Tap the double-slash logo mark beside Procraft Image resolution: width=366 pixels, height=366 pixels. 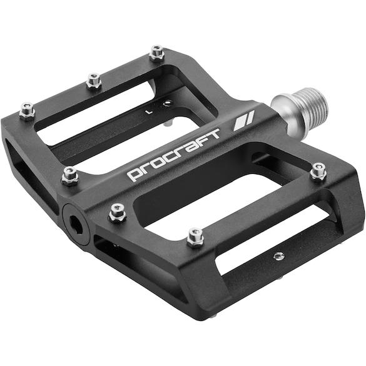(x=244, y=121)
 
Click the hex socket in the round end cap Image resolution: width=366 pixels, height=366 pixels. (x=76, y=225)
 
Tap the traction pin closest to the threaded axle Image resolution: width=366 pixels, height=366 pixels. (x=318, y=171)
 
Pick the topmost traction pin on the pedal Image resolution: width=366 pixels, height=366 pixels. (x=157, y=53)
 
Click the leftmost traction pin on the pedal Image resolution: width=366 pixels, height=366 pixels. (x=27, y=111)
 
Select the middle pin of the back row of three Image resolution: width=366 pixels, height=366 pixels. (x=94, y=80)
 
